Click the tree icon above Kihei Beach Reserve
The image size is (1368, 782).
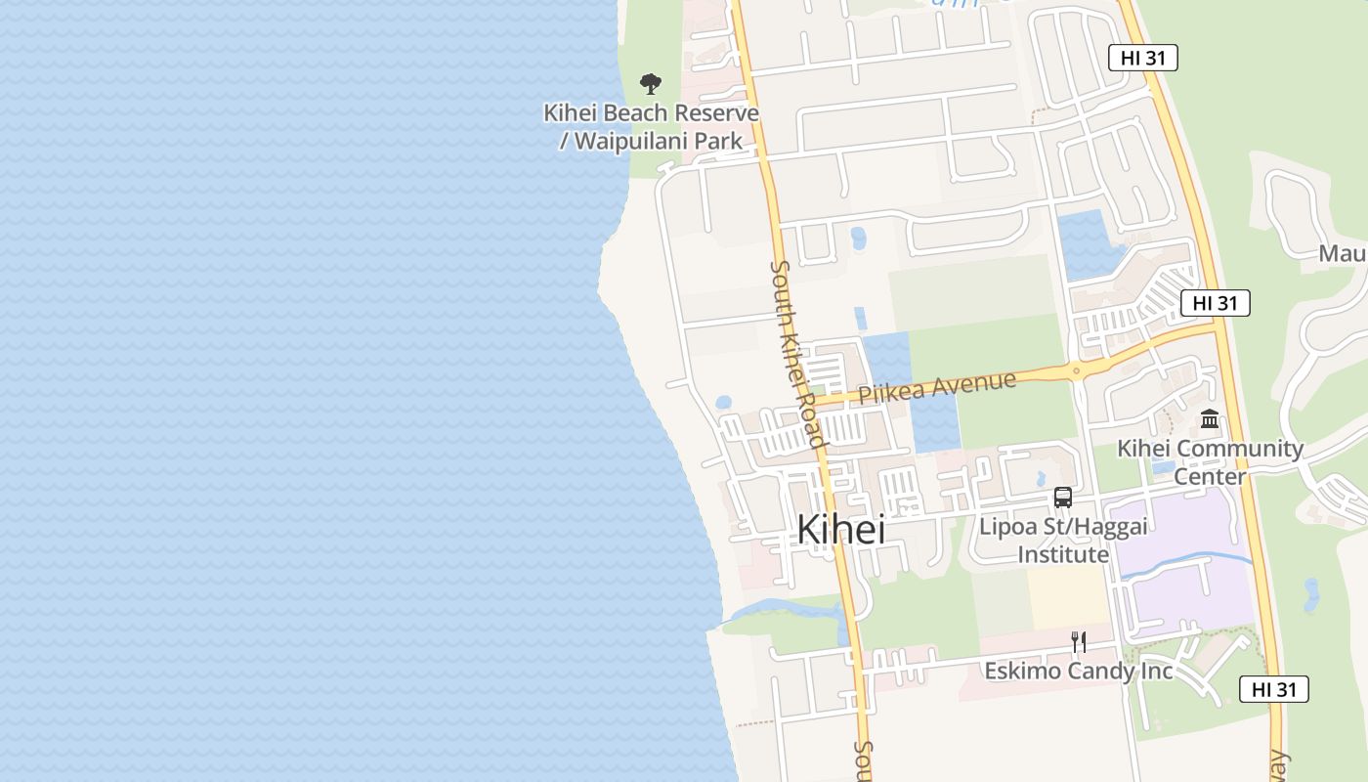[x=650, y=84]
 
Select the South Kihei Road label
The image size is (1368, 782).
[x=798, y=353]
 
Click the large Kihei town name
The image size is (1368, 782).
[x=841, y=530]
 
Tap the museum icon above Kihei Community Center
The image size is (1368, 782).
[x=1210, y=419]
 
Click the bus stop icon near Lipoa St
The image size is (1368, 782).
[x=1062, y=498]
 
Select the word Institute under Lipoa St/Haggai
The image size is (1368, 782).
[x=1063, y=555]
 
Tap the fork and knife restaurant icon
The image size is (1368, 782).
[x=1079, y=642]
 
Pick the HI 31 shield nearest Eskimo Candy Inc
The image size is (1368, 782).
[x=1273, y=689]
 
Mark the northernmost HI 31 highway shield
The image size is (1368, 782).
[x=1142, y=58]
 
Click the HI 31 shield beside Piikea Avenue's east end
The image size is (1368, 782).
[x=1215, y=303]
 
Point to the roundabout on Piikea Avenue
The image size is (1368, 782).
[x=1076, y=370]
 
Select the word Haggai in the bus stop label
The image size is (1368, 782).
[x=1108, y=527]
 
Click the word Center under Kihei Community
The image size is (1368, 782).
[x=1209, y=477]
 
